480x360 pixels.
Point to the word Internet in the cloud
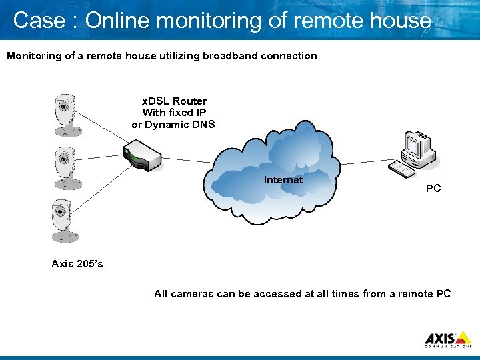click(x=283, y=180)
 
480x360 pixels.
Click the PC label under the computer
click(x=433, y=189)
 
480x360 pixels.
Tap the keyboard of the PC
click(x=402, y=169)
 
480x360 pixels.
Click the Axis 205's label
click(x=77, y=264)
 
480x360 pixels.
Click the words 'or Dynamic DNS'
click(x=173, y=124)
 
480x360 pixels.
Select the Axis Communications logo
click(x=448, y=339)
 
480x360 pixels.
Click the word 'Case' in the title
click(x=39, y=21)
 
